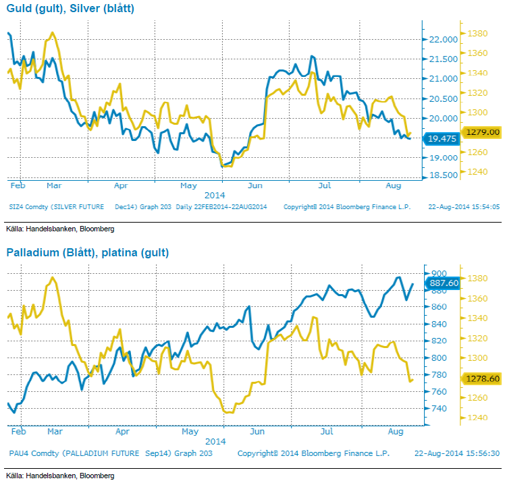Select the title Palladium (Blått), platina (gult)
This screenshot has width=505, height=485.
pos(88,253)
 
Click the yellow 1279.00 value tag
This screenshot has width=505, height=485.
pos(481,132)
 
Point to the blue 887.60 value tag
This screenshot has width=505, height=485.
pos(444,283)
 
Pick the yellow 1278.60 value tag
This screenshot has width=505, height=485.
pos(481,379)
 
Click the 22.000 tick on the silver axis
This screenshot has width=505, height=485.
pos(442,39)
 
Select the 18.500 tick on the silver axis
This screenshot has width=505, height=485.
pos(442,175)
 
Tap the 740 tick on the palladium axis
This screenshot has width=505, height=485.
pos(437,409)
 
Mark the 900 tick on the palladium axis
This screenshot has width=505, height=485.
pos(437,273)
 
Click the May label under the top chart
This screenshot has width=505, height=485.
pos(188,184)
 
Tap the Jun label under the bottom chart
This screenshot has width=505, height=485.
pos(256,429)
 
